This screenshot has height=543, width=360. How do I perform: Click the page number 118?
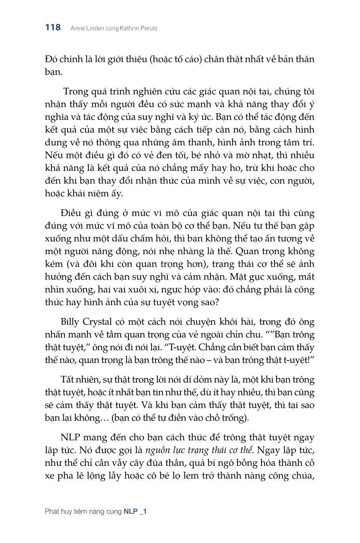(x=53, y=28)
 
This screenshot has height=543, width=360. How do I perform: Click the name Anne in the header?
(x=77, y=28)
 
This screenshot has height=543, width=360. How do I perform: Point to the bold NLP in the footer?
(x=131, y=511)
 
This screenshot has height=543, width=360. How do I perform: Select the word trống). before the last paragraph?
(x=235, y=418)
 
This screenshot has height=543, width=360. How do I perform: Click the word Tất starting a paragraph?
(x=68, y=380)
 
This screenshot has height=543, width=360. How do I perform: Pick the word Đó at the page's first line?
(x=51, y=59)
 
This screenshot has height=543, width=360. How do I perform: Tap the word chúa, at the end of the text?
(x=301, y=476)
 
